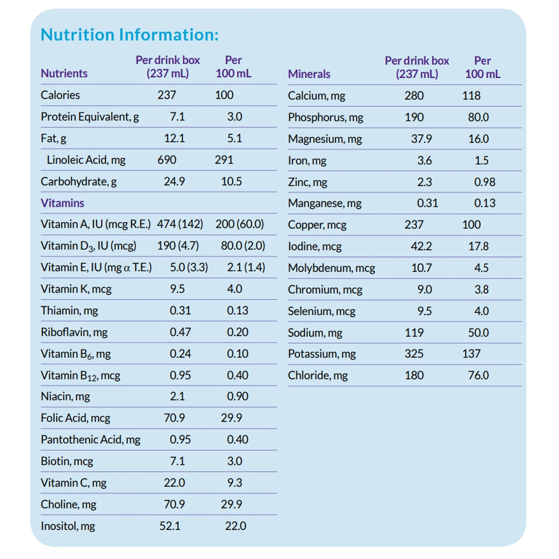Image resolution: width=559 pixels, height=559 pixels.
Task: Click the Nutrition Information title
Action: [130, 35]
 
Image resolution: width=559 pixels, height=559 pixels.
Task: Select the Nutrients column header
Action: [64, 74]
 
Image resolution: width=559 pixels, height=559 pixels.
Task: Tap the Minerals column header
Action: [309, 74]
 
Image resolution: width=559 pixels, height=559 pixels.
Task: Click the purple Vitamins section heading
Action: [62, 203]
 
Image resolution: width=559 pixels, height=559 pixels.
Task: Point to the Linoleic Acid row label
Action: [86, 160]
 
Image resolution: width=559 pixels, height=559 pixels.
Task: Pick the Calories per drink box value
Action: [167, 95]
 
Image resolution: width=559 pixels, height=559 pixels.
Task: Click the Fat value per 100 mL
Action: [234, 138]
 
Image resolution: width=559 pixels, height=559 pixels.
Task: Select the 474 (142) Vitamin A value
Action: [180, 224]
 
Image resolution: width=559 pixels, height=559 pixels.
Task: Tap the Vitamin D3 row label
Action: [89, 246]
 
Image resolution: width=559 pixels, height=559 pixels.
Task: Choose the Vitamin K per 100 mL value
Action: [234, 289]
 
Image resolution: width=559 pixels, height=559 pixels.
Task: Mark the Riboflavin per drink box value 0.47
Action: [180, 332]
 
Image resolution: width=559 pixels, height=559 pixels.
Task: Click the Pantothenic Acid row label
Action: [91, 440]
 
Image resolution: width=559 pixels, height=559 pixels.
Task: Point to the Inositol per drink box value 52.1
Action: [170, 526]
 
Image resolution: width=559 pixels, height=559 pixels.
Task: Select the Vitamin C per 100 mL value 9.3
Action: [234, 483]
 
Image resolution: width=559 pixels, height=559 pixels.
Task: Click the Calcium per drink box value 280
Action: [414, 96]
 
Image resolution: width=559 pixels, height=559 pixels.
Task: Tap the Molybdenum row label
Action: [332, 268]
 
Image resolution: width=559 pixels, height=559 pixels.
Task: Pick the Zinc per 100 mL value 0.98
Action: [485, 182]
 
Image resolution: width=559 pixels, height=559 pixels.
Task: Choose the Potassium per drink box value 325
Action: [414, 354]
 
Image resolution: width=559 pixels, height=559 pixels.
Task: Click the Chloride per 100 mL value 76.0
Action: [479, 376]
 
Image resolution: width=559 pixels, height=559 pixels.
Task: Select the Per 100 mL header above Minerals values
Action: [482, 67]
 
